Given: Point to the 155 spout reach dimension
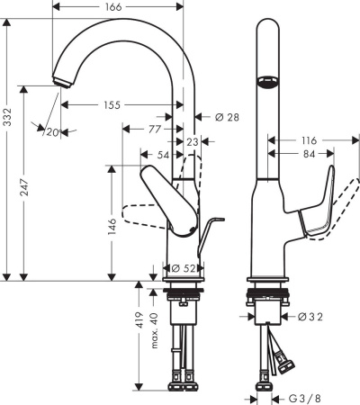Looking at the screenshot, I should coord(112,105).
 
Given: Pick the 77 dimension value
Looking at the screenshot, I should coord(156,130).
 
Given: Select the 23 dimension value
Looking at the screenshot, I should coord(192,141).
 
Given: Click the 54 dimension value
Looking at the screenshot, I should coord(163,156).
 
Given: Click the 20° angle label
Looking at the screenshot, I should coord(51,131).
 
